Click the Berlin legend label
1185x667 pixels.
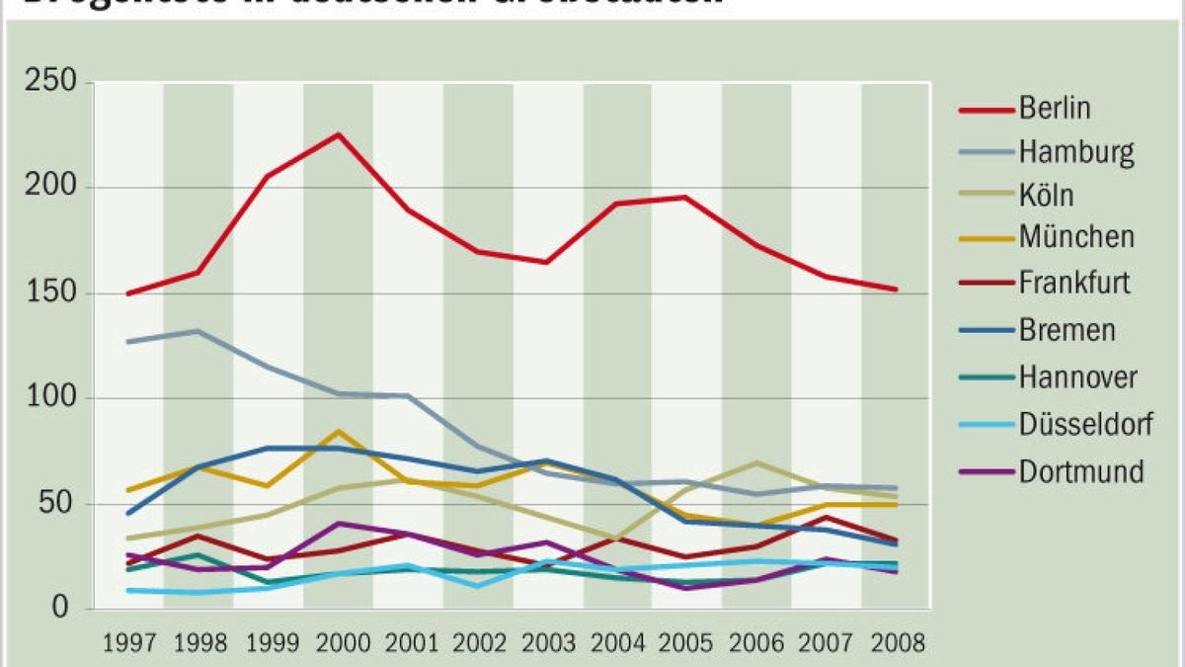click(1055, 108)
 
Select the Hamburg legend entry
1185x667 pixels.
click(1076, 152)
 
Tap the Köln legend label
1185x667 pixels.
click(1047, 195)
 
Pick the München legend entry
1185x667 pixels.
click(1076, 238)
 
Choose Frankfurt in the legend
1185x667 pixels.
click(1074, 284)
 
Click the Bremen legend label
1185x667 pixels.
click(1066, 329)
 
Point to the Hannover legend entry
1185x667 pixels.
click(1077, 376)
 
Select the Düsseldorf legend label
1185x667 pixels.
click(1085, 425)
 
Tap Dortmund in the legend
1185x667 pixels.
click(1080, 471)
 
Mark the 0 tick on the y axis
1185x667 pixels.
click(61, 609)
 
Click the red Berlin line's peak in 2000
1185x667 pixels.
click(339, 134)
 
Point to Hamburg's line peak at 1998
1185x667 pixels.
click(197, 331)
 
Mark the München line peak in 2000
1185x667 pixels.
click(339, 431)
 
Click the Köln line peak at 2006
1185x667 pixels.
click(756, 462)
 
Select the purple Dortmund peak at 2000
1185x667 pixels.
click(339, 523)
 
